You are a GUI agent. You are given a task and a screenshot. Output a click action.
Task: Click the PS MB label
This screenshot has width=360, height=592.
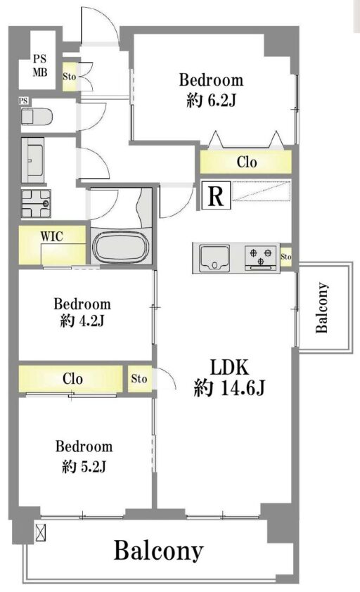point(40,65)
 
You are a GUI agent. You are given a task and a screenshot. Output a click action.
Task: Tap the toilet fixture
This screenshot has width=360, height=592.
point(37,116)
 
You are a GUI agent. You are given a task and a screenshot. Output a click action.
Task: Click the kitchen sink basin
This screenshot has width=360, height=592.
point(214,257)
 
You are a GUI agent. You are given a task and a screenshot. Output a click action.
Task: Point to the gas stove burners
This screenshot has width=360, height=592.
point(261,257)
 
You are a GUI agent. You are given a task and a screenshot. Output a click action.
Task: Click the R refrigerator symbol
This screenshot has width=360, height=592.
point(216,195)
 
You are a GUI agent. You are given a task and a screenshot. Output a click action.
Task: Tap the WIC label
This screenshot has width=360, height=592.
point(51,237)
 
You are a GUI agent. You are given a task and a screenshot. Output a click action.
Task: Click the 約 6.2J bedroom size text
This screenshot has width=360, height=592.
point(211,100)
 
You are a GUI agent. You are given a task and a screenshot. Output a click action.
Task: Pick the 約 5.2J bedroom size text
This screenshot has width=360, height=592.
point(84,467)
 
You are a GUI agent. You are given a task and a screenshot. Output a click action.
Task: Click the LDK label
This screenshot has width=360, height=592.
point(229,367)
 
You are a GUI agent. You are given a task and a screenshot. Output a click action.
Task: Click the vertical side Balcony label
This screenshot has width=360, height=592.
point(321,307)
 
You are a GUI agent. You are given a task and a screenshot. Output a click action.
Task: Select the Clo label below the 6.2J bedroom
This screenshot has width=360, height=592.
point(247,162)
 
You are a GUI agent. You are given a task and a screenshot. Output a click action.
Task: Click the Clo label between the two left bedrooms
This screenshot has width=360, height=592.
point(72,378)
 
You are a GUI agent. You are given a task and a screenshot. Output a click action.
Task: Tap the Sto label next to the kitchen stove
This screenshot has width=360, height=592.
point(286,257)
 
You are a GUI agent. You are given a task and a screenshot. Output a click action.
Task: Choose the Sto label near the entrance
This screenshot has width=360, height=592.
point(69,77)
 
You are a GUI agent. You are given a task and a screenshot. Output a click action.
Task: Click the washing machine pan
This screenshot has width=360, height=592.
point(37,204)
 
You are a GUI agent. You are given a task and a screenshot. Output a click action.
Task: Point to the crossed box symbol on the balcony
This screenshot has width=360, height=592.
point(40,532)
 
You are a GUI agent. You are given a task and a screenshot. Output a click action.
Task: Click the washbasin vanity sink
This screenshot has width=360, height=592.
point(33,160)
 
